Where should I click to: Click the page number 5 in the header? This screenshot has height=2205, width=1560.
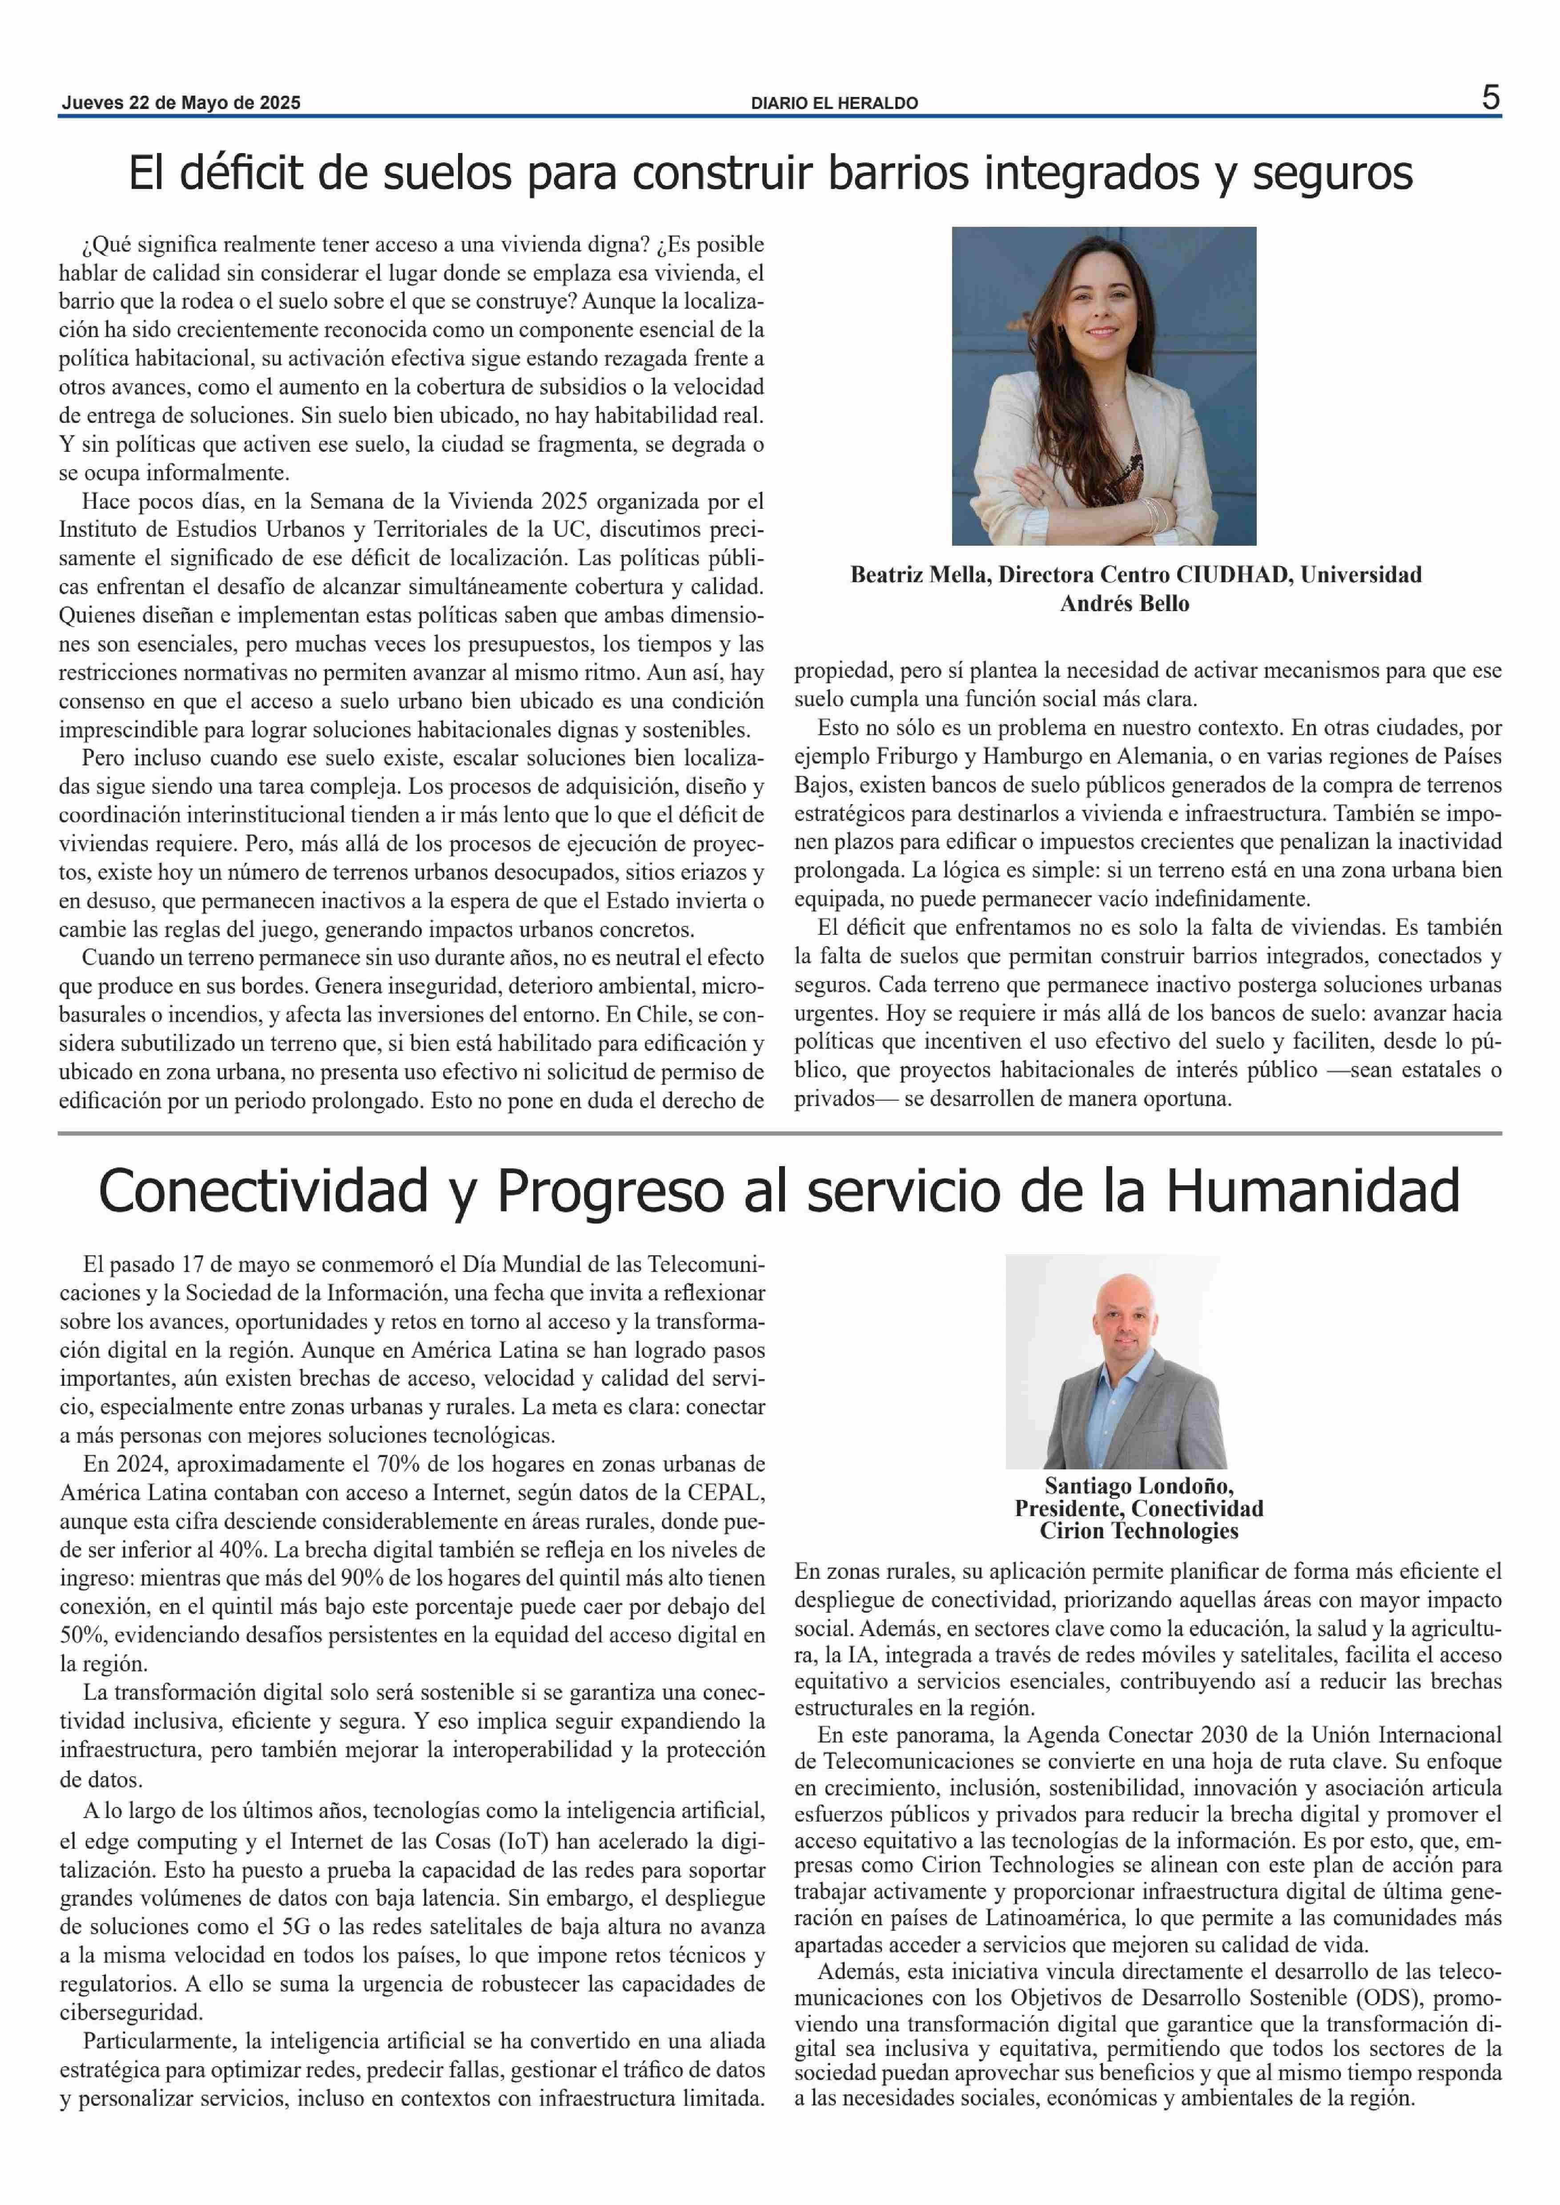[x=1490, y=98]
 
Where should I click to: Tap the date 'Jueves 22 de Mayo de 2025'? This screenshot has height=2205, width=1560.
[x=181, y=103]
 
